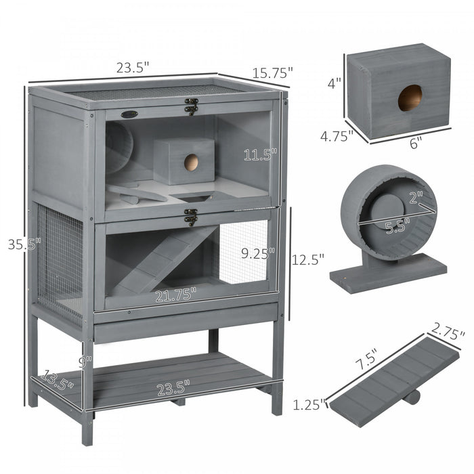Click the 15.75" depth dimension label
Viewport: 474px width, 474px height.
point(273,71)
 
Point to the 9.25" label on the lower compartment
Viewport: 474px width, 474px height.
point(259,253)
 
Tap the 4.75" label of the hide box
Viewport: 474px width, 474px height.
point(337,136)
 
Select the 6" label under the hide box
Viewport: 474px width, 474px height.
point(415,142)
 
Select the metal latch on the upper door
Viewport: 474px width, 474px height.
point(192,106)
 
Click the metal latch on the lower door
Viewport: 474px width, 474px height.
point(191,217)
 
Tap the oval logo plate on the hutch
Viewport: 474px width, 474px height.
point(129,114)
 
